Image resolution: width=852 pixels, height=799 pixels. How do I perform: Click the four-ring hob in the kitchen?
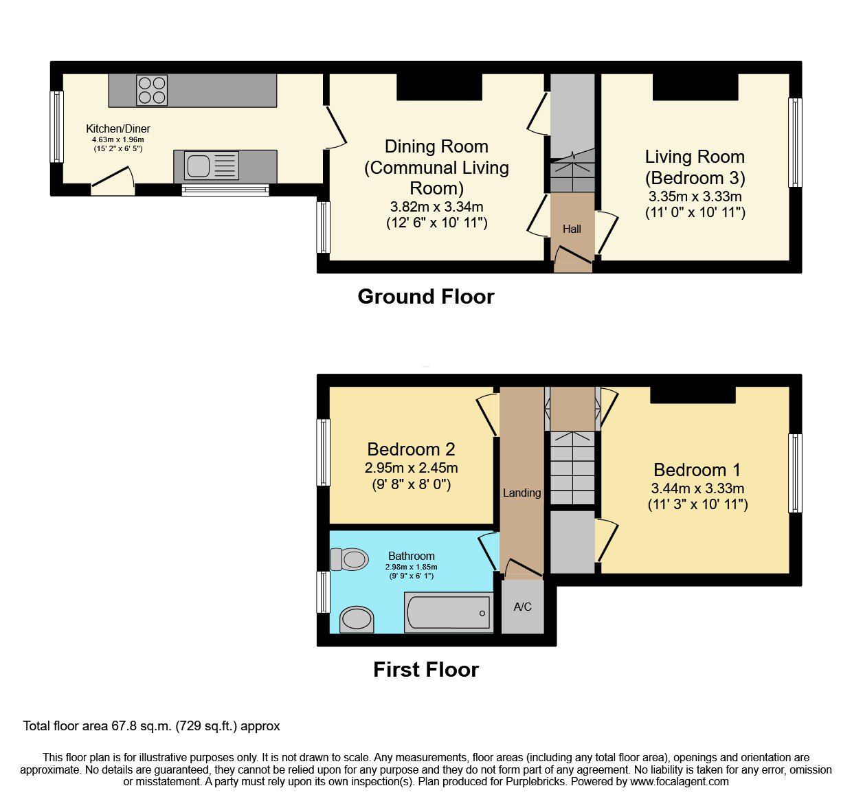pos(152,91)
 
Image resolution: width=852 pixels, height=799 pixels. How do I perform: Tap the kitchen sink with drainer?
pos(212,166)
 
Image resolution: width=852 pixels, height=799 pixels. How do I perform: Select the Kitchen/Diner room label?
pos(118,128)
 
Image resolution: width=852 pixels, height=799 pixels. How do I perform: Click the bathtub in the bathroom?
pos(449,612)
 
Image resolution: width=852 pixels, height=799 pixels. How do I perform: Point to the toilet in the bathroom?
pos(349,559)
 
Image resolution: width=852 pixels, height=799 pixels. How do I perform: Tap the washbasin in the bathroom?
pos(357,620)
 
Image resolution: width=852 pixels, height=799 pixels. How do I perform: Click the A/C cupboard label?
pos(522,607)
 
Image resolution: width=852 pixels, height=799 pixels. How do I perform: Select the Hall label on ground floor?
pos(572,229)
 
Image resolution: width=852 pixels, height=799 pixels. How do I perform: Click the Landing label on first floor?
pos(522,493)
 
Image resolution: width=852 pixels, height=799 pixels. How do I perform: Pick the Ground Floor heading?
pos(426,297)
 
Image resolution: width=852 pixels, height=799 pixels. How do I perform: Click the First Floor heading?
pos(426,669)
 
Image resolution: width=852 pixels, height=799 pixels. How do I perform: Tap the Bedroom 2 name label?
pos(411,449)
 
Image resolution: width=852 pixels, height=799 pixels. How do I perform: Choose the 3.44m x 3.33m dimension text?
pos(697,488)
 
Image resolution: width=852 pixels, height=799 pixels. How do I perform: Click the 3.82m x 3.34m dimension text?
pos(437,207)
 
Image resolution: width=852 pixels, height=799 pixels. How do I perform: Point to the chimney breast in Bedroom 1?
pos(693,395)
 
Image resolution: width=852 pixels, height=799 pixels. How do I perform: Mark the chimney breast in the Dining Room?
pos(439,87)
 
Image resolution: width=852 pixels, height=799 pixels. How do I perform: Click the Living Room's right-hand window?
pos(796,142)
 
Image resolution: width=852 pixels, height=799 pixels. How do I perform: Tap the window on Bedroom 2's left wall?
pos(324,452)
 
